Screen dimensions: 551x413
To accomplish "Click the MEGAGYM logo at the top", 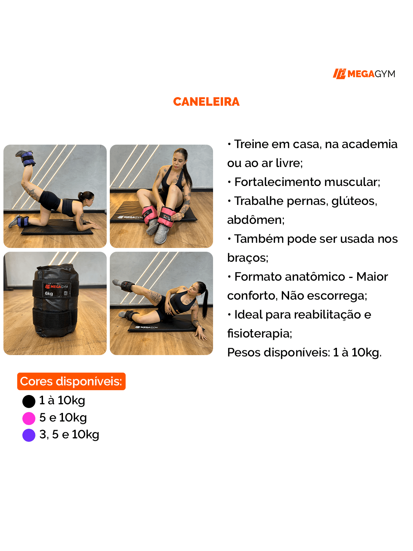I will (x=364, y=74).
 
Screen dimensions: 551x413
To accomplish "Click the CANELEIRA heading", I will (x=206, y=102).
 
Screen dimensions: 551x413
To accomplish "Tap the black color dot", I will (x=29, y=401).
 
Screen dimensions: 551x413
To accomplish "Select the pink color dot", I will (x=29, y=418).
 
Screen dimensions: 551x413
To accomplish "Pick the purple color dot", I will (x=29, y=435).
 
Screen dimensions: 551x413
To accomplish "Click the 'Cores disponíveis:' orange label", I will (x=71, y=382).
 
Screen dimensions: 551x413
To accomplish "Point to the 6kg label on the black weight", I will (x=49, y=294).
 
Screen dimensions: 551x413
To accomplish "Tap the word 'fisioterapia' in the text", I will (x=259, y=333).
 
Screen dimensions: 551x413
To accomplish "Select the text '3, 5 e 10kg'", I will (x=69, y=435).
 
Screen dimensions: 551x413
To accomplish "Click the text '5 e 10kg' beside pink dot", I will (x=63, y=418).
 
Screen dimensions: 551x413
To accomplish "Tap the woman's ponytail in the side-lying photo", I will (x=205, y=303).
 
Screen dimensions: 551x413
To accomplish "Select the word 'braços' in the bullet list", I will (x=247, y=258).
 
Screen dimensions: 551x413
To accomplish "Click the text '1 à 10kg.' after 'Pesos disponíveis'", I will (x=357, y=352).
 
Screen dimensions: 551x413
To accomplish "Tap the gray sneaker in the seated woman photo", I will (x=160, y=236).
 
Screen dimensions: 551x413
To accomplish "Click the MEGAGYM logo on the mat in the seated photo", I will (x=130, y=217).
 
